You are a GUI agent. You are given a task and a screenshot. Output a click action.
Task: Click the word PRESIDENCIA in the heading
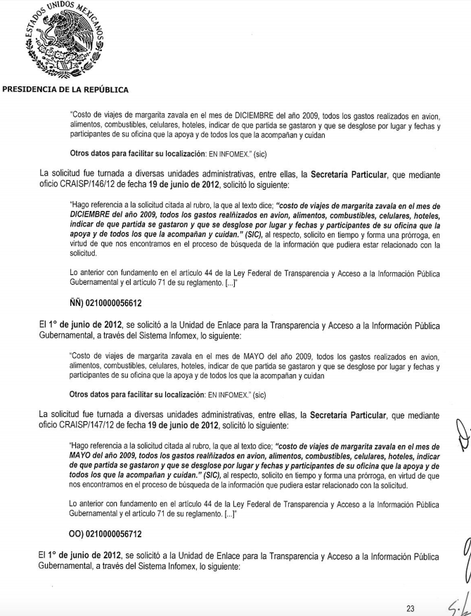click(32, 89)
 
